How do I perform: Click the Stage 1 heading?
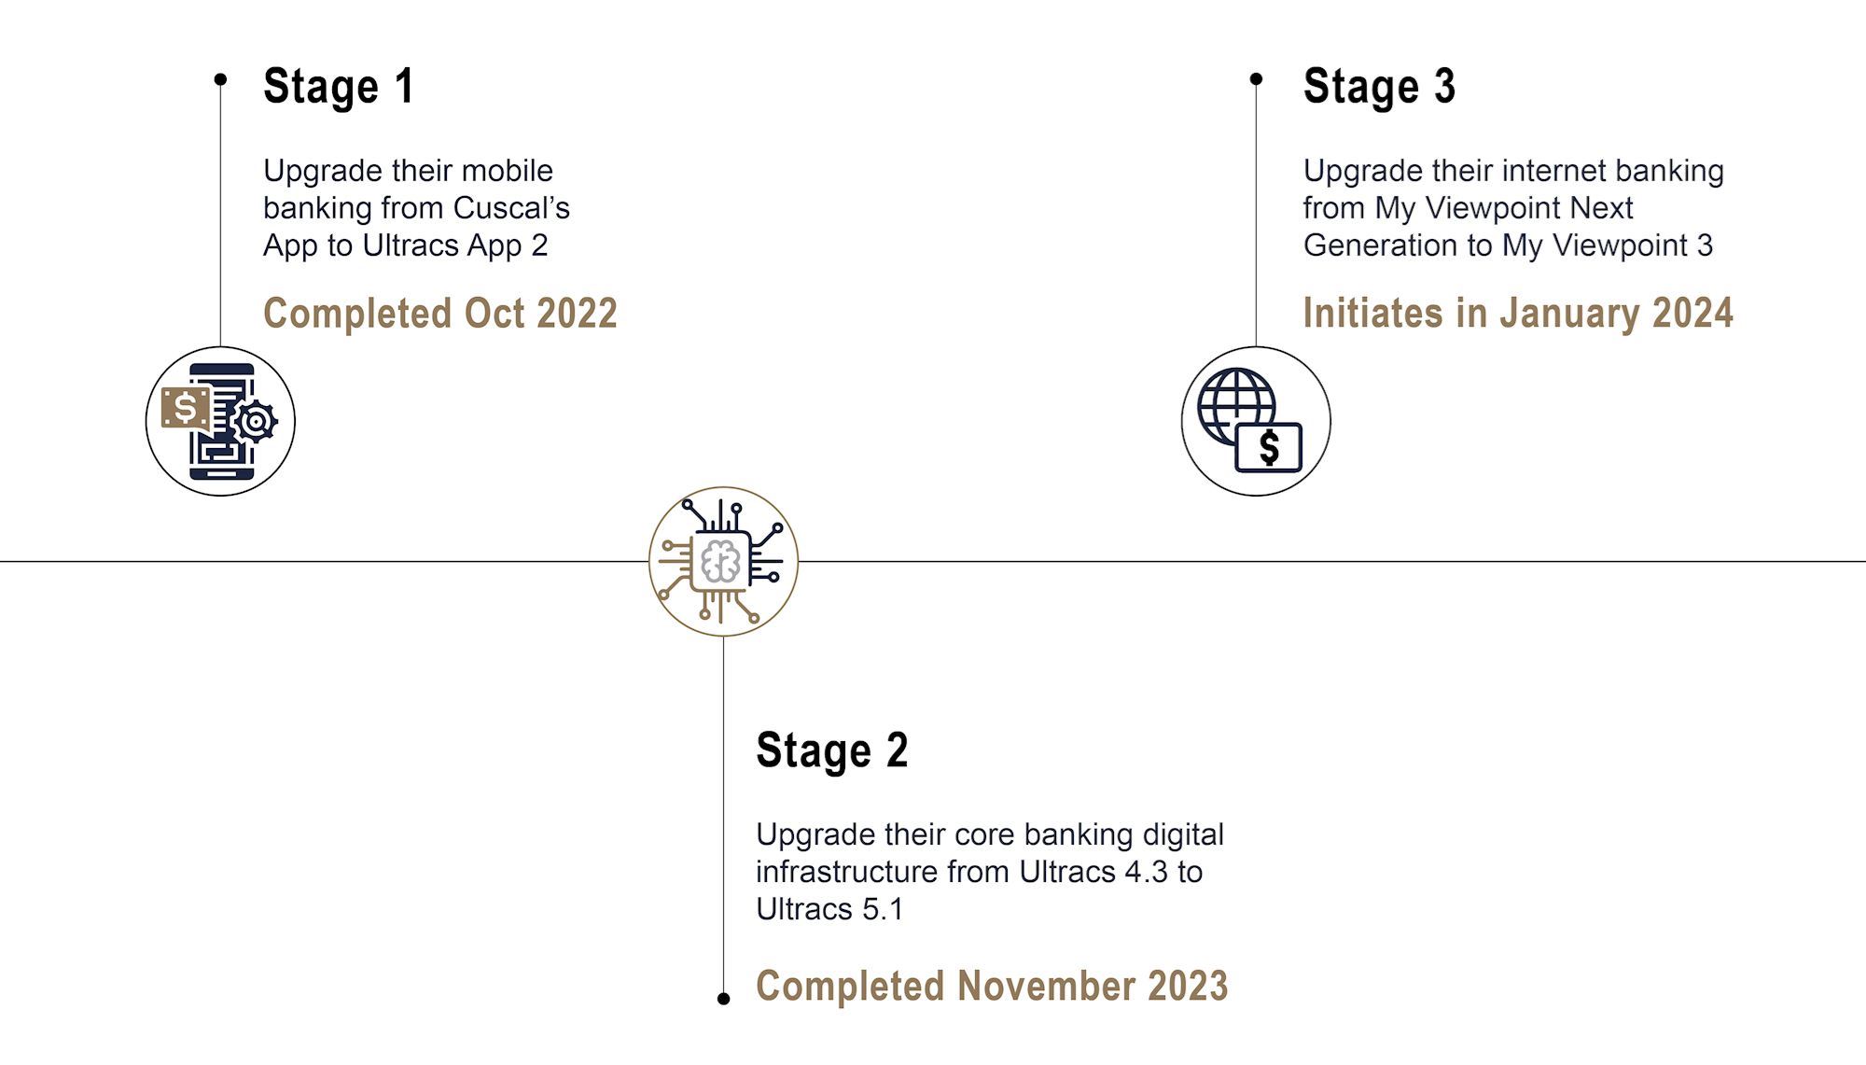click(x=339, y=87)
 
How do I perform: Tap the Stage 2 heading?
click(x=831, y=750)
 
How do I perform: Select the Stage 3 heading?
click(x=1379, y=87)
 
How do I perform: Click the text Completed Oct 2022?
click(x=440, y=314)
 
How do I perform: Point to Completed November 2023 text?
click(x=992, y=986)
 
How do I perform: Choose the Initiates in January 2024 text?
click(x=1518, y=314)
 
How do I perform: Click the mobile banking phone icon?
click(x=220, y=422)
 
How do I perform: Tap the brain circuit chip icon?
click(x=722, y=562)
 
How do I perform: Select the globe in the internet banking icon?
click(x=1236, y=407)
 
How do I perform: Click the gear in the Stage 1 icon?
click(x=255, y=422)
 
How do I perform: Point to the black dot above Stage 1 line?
click(x=220, y=79)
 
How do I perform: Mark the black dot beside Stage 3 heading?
click(x=1256, y=79)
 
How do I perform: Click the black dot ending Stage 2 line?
click(x=723, y=999)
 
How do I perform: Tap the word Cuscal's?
click(x=511, y=208)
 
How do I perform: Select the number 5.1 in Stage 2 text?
click(x=883, y=909)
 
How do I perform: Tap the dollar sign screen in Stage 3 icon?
click(x=1268, y=447)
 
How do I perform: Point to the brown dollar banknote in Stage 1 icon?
click(x=186, y=408)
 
